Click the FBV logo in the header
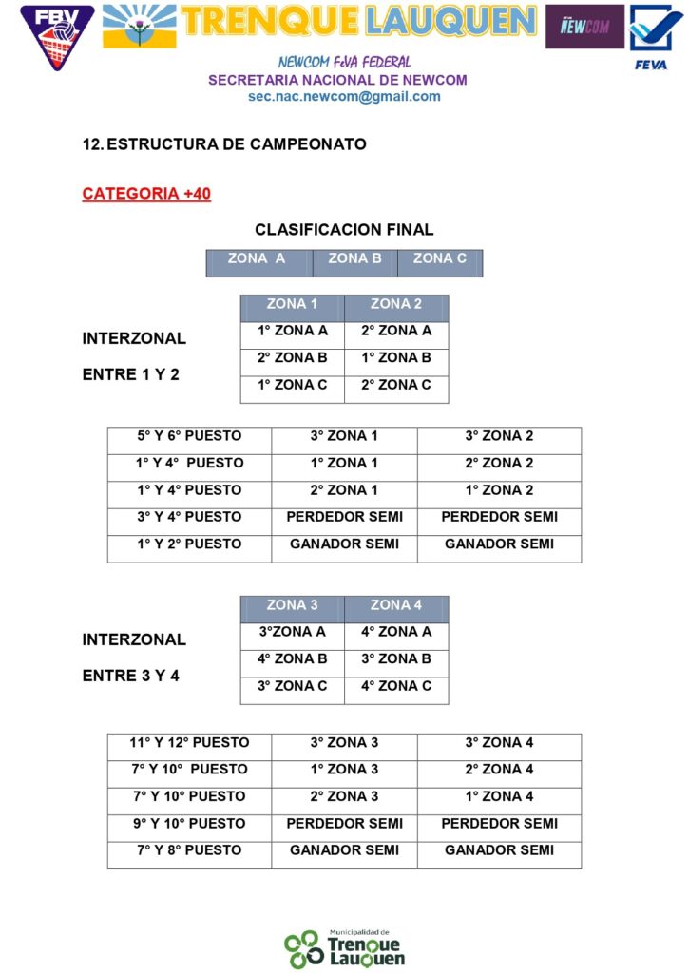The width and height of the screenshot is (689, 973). [x=57, y=36]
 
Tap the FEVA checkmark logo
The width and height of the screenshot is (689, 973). [x=650, y=36]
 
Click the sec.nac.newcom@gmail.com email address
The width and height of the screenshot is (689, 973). [x=344, y=96]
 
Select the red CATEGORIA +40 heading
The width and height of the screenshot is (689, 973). [x=146, y=194]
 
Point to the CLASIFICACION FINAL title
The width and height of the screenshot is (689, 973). [x=344, y=230]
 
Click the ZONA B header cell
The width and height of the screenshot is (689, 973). [x=354, y=258]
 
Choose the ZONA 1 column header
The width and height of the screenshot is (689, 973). [x=292, y=304]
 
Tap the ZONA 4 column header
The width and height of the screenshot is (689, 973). [x=396, y=605]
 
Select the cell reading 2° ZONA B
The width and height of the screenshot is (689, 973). [x=292, y=358]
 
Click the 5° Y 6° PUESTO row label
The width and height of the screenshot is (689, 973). [x=189, y=436]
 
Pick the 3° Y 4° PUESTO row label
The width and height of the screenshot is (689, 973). [x=189, y=517]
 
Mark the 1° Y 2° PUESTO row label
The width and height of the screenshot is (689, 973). [x=189, y=544]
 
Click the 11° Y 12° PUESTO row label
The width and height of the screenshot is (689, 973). [x=189, y=743]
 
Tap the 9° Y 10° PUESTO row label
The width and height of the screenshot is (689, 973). [x=189, y=824]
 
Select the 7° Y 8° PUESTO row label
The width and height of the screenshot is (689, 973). [x=189, y=850]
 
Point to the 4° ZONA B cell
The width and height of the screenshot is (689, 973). [x=292, y=658]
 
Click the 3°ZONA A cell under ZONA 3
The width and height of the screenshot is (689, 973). [x=292, y=632]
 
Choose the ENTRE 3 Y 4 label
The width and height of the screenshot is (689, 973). [x=130, y=677]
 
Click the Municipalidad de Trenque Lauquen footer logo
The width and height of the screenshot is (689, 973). [x=344, y=947]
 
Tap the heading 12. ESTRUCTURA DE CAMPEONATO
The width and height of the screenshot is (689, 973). [x=224, y=144]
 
